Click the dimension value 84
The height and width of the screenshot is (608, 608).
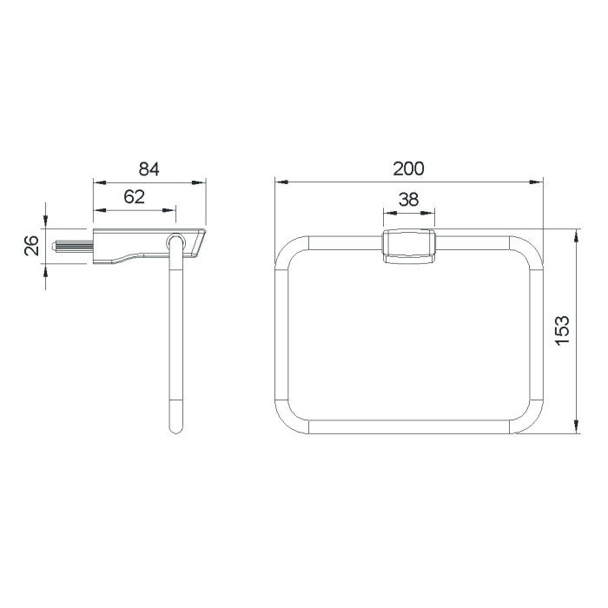(149, 169)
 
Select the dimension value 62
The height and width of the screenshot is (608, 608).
(134, 197)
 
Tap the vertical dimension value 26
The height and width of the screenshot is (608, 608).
(32, 246)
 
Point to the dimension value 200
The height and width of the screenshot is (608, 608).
(409, 169)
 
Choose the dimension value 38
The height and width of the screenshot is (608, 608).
(409, 199)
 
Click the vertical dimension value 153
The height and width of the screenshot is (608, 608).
(562, 330)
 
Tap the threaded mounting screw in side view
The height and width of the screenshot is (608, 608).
(72, 246)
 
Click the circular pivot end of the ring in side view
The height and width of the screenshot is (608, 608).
(176, 242)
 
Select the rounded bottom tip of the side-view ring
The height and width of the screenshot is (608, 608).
(175, 429)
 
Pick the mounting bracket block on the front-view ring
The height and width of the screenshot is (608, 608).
(409, 247)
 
